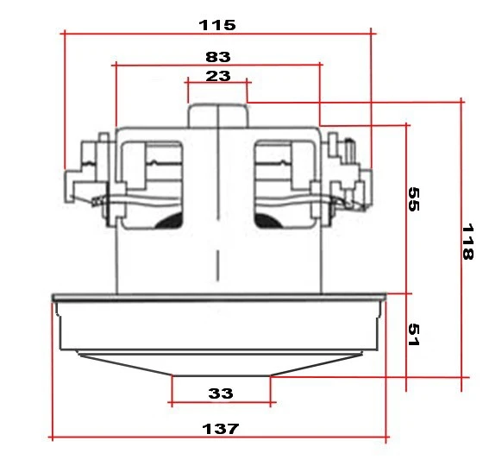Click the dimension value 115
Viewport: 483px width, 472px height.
[216, 24]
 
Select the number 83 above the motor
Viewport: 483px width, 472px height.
[218, 56]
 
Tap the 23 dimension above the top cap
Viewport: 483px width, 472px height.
[218, 76]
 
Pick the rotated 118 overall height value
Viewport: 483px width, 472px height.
[467, 242]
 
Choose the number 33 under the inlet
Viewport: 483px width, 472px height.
[221, 393]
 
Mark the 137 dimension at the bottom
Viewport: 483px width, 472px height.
[221, 428]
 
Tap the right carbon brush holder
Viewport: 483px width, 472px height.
[348, 173]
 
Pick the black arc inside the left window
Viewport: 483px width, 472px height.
[167, 221]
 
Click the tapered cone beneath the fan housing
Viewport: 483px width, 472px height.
[221, 364]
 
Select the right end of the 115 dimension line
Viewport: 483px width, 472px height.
[372, 34]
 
